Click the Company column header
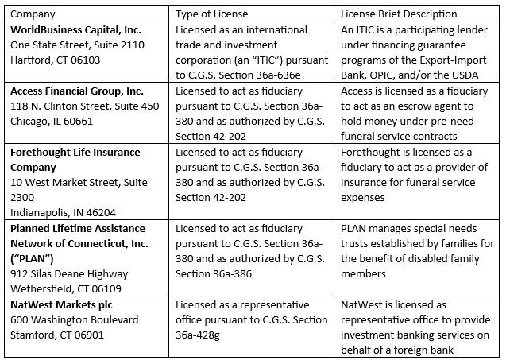click(33, 14)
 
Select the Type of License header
click(211, 14)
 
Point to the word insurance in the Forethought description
click(367, 182)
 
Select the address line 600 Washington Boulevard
click(74, 319)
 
